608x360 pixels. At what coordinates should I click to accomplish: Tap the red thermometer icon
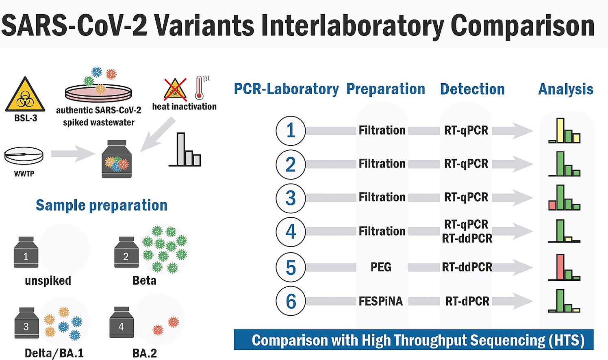pos(200,88)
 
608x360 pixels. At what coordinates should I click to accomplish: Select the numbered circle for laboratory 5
pos(291,267)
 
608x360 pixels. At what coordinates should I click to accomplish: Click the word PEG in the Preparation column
pos(381,267)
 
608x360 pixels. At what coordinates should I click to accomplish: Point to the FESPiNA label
pos(380,301)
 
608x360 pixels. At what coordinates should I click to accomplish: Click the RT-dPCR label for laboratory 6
pos(467,301)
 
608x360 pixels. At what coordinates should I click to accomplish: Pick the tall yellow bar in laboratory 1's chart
pos(560,130)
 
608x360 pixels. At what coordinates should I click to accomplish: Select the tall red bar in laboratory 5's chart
pos(560,267)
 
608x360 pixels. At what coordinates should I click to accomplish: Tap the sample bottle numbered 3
pos(26,323)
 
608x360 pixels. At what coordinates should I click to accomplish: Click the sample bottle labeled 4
pos(122,322)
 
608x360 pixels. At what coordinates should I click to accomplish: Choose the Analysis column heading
pos(566,89)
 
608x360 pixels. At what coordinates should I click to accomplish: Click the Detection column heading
pos(472,89)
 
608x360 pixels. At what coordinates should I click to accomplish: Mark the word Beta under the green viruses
pos(144,280)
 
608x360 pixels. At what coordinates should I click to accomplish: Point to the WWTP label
pos(24,173)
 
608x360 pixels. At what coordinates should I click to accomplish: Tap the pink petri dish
pos(98,92)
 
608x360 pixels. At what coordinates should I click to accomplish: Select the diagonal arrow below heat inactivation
pos(158,134)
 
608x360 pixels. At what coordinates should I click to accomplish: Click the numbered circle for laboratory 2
pos(291,165)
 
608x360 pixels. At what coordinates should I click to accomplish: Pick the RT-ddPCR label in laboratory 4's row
pos(467,239)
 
